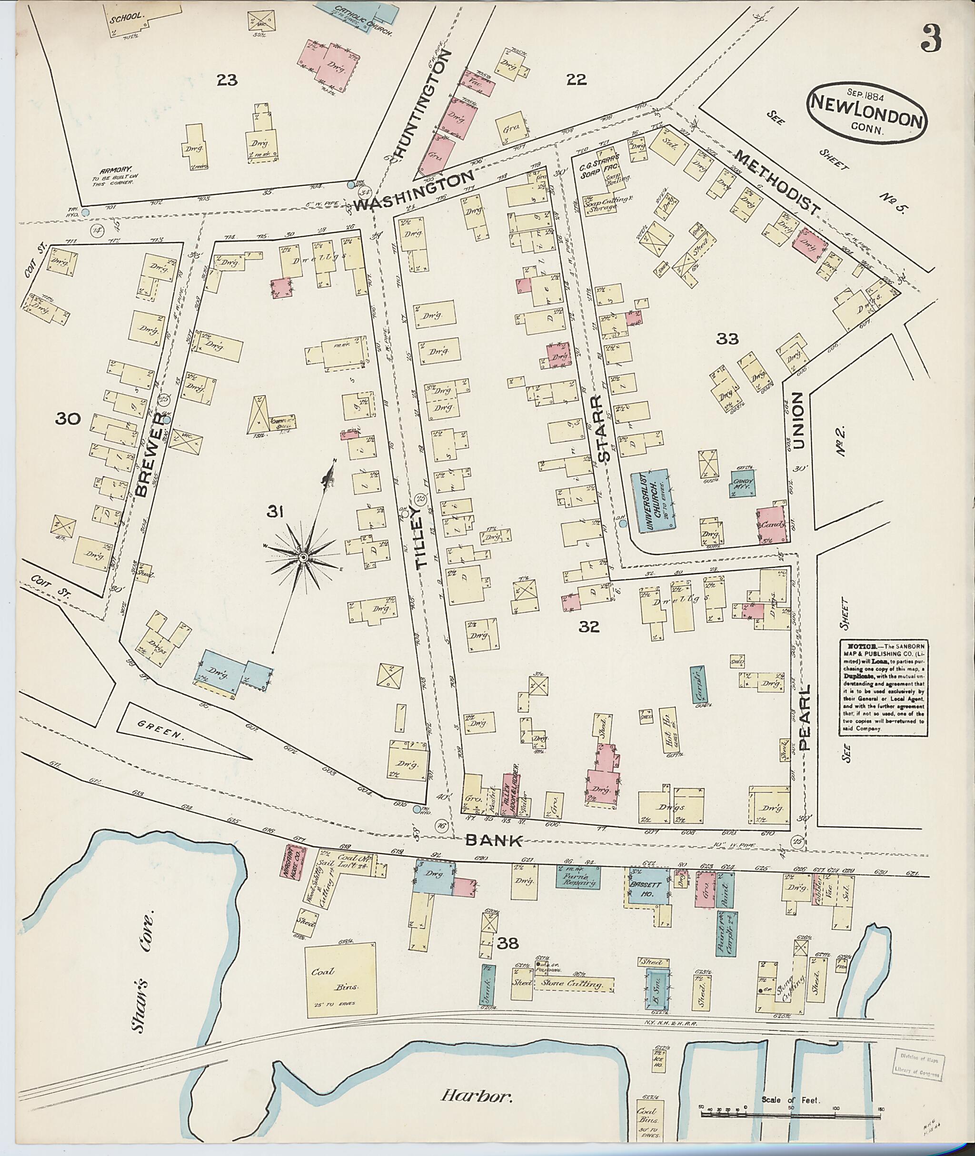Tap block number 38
coord(507,943)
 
